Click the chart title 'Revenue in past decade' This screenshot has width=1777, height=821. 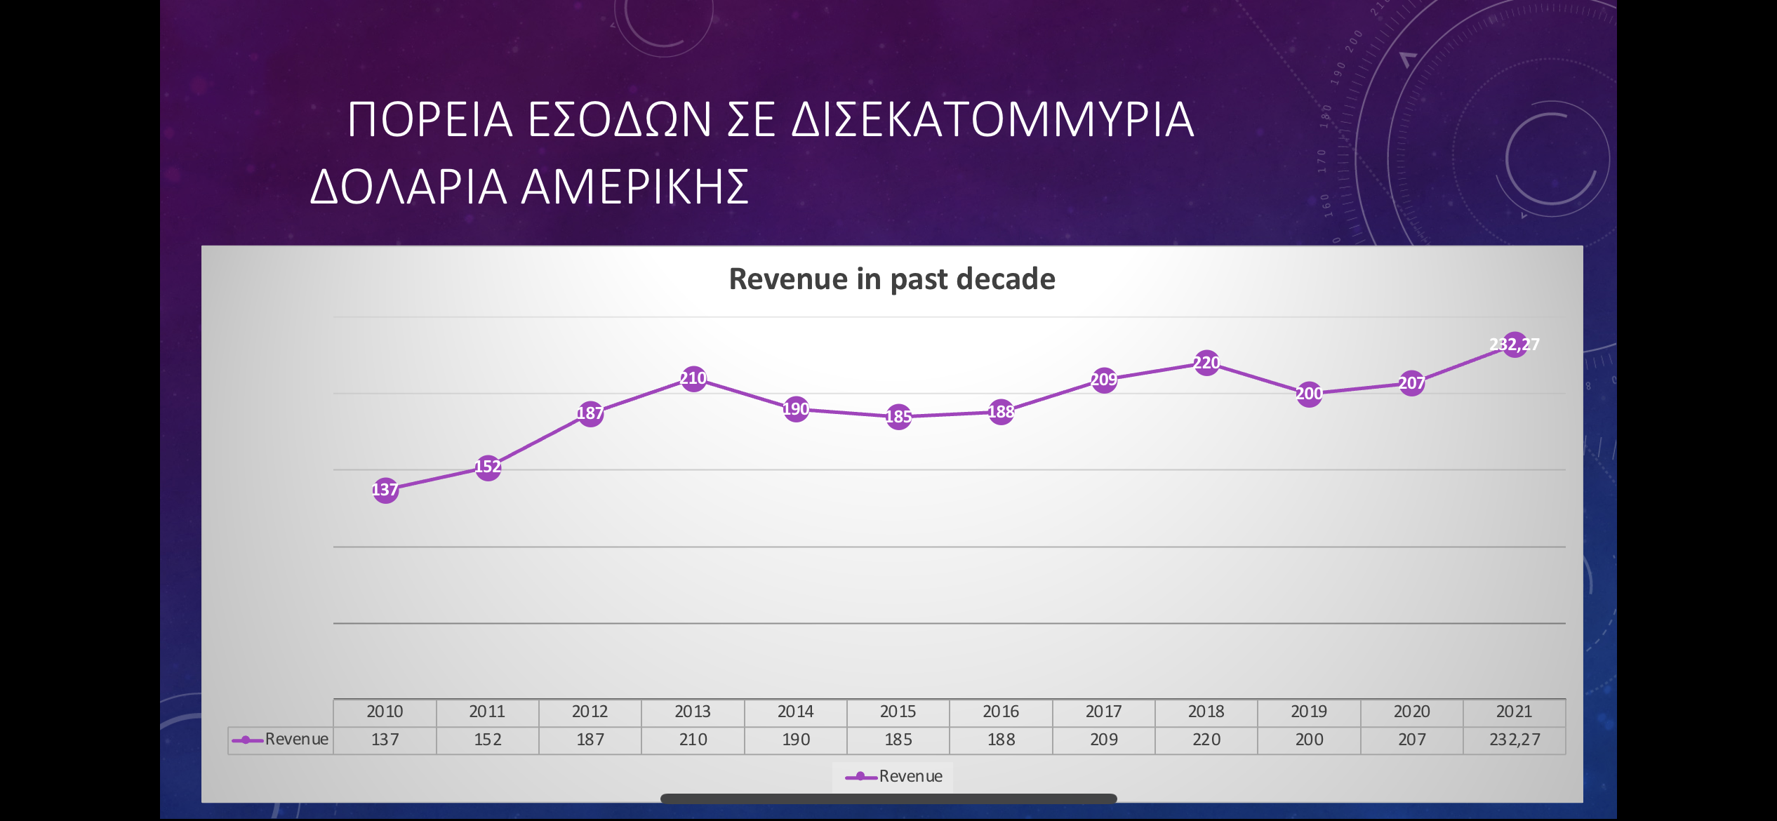(892, 279)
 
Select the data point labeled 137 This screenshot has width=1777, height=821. (385, 490)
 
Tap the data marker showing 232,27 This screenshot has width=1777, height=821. (1515, 345)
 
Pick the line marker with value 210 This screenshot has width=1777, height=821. (693, 378)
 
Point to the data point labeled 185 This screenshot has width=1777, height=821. (898, 417)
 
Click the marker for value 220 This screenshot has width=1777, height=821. (1206, 363)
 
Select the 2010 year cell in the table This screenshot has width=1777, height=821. (385, 712)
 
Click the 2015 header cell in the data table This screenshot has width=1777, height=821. (898, 712)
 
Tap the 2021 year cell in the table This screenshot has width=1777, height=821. (1515, 712)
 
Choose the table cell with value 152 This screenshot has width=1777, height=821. (488, 740)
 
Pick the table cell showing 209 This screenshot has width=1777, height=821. (1104, 740)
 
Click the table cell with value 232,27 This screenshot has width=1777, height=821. (1515, 740)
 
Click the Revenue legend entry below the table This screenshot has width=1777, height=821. (893, 776)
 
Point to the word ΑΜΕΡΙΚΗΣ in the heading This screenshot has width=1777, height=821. (636, 187)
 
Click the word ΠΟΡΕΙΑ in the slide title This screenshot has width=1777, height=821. (430, 119)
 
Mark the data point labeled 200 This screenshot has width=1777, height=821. (1309, 394)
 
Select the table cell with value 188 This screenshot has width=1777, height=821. (1001, 740)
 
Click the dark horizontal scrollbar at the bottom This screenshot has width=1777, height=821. (888, 799)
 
